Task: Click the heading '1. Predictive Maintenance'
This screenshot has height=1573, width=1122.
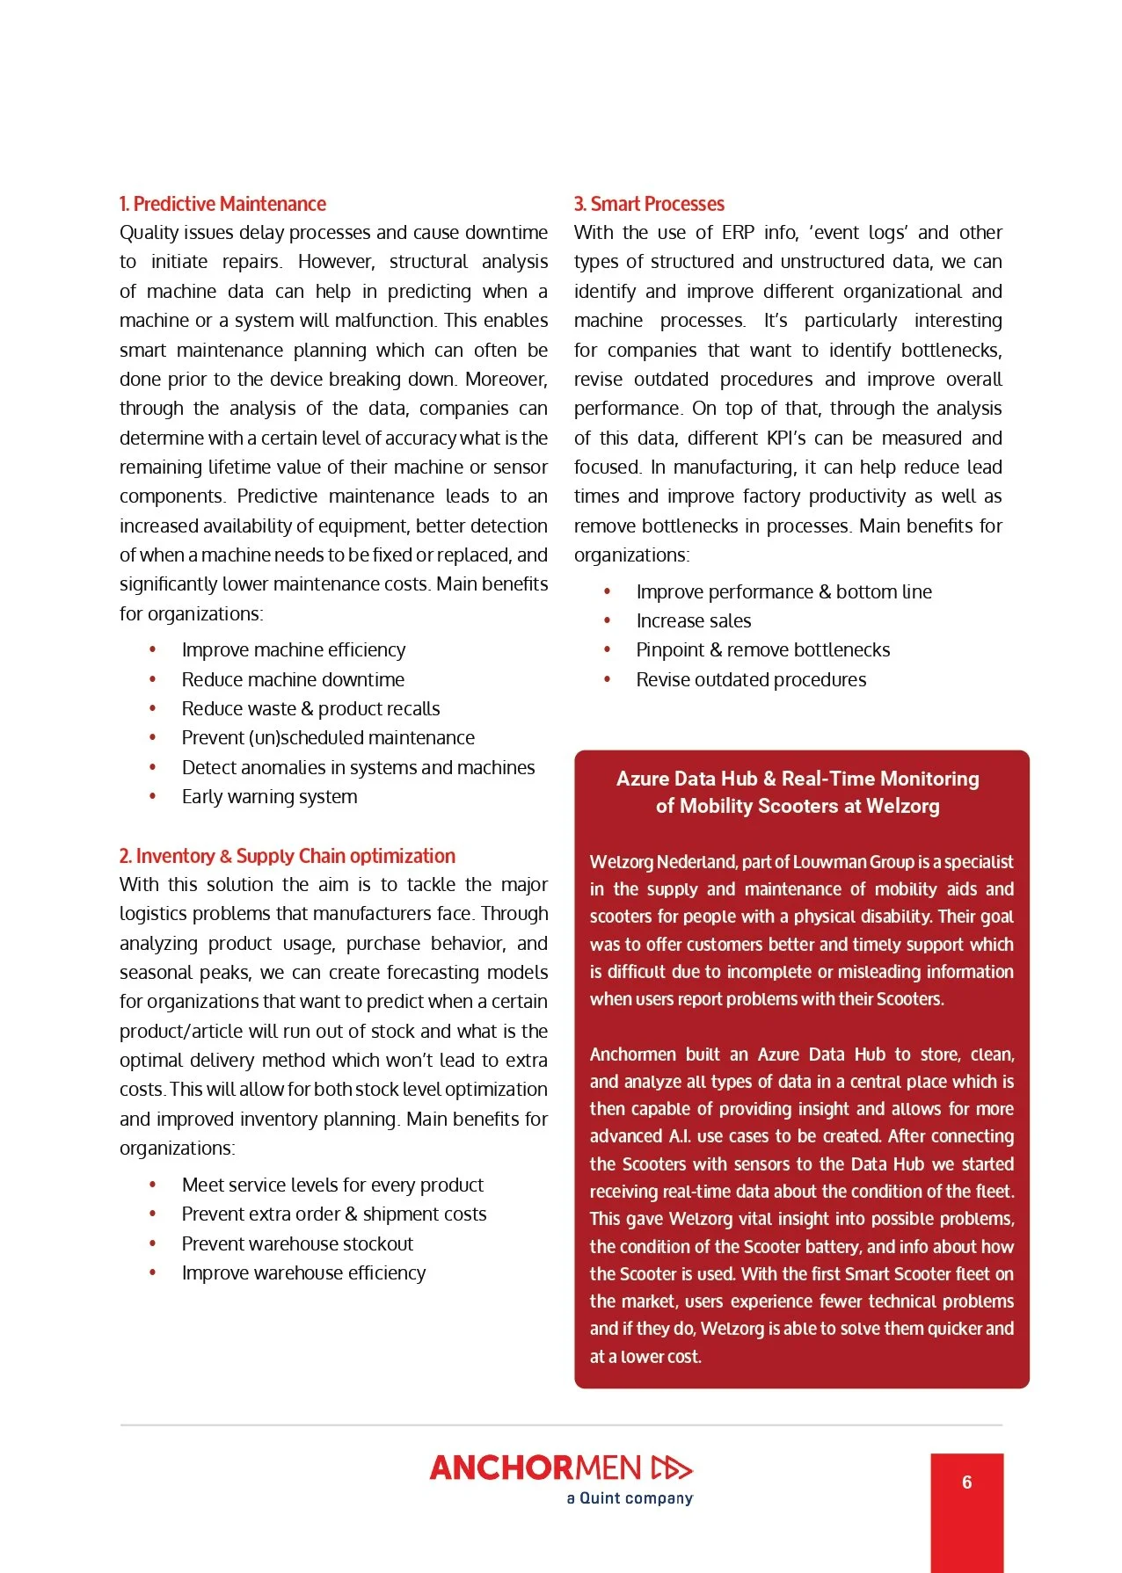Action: [x=222, y=204]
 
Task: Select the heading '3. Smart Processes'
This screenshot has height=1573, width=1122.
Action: [x=649, y=204]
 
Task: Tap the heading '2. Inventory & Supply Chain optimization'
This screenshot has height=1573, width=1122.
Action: [x=288, y=856]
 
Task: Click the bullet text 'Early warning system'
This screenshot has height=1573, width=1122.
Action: [x=269, y=797]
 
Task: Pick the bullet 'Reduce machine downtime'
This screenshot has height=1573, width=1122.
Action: [x=293, y=680]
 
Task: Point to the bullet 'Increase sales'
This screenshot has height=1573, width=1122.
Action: [x=694, y=621]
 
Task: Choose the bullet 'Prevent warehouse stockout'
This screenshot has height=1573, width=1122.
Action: [x=297, y=1244]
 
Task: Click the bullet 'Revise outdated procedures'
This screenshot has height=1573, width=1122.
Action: [x=751, y=680]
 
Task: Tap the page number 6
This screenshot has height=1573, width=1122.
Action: [x=966, y=1482]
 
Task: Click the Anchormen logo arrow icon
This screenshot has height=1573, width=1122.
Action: [x=672, y=1468]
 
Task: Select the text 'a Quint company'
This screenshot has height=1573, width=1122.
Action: [x=630, y=1498]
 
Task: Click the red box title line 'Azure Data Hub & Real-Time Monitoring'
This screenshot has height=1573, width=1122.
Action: [x=798, y=779]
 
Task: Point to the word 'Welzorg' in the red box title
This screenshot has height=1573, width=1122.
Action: [x=902, y=807]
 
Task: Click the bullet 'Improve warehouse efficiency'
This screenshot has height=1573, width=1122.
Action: [x=303, y=1273]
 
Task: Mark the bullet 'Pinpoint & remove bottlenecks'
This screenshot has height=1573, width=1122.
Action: [x=763, y=650]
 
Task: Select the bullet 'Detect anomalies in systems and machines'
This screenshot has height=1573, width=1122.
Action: [x=358, y=768]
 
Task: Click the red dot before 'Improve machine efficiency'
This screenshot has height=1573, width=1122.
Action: [x=153, y=650]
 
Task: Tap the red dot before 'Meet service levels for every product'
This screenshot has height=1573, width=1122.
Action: [x=153, y=1185]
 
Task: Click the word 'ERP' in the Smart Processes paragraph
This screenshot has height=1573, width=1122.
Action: [x=738, y=233]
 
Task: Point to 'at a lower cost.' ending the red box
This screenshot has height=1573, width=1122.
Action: [x=645, y=1357]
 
